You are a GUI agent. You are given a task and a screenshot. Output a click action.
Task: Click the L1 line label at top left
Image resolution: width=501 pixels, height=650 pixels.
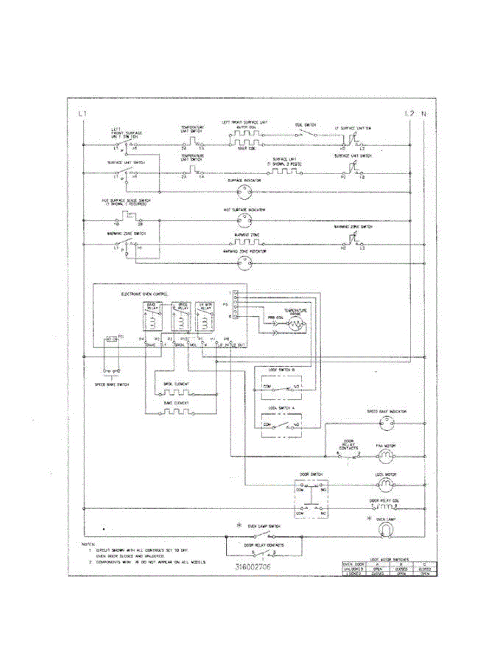pos(82,114)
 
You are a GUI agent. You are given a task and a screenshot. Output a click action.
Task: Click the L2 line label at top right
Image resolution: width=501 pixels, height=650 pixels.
pos(409,114)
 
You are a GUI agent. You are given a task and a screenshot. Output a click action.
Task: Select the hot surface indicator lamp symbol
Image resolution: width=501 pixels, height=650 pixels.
pos(244,220)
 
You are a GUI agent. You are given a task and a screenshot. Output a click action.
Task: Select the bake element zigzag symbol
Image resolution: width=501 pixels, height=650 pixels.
pos(176,411)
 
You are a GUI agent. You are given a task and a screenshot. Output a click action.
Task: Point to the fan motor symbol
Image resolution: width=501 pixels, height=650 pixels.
pos(386,456)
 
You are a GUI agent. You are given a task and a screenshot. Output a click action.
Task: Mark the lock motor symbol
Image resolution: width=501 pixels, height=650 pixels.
pos(386,483)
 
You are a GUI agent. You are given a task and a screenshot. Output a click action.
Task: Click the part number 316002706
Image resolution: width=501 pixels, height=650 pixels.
pos(253,567)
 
